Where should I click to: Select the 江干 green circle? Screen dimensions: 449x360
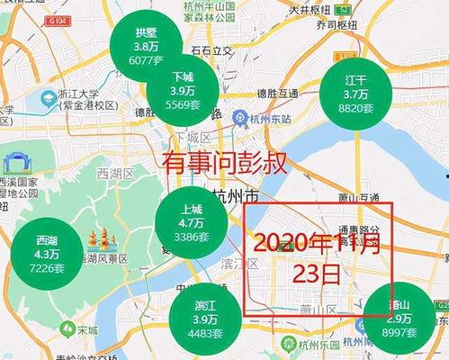point(355,93)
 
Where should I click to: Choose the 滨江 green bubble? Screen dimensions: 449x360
point(204,319)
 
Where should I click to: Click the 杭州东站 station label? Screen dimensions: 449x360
point(273,119)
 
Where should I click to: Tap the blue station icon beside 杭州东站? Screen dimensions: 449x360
point(240,119)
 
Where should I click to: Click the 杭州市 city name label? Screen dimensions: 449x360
point(235,197)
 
